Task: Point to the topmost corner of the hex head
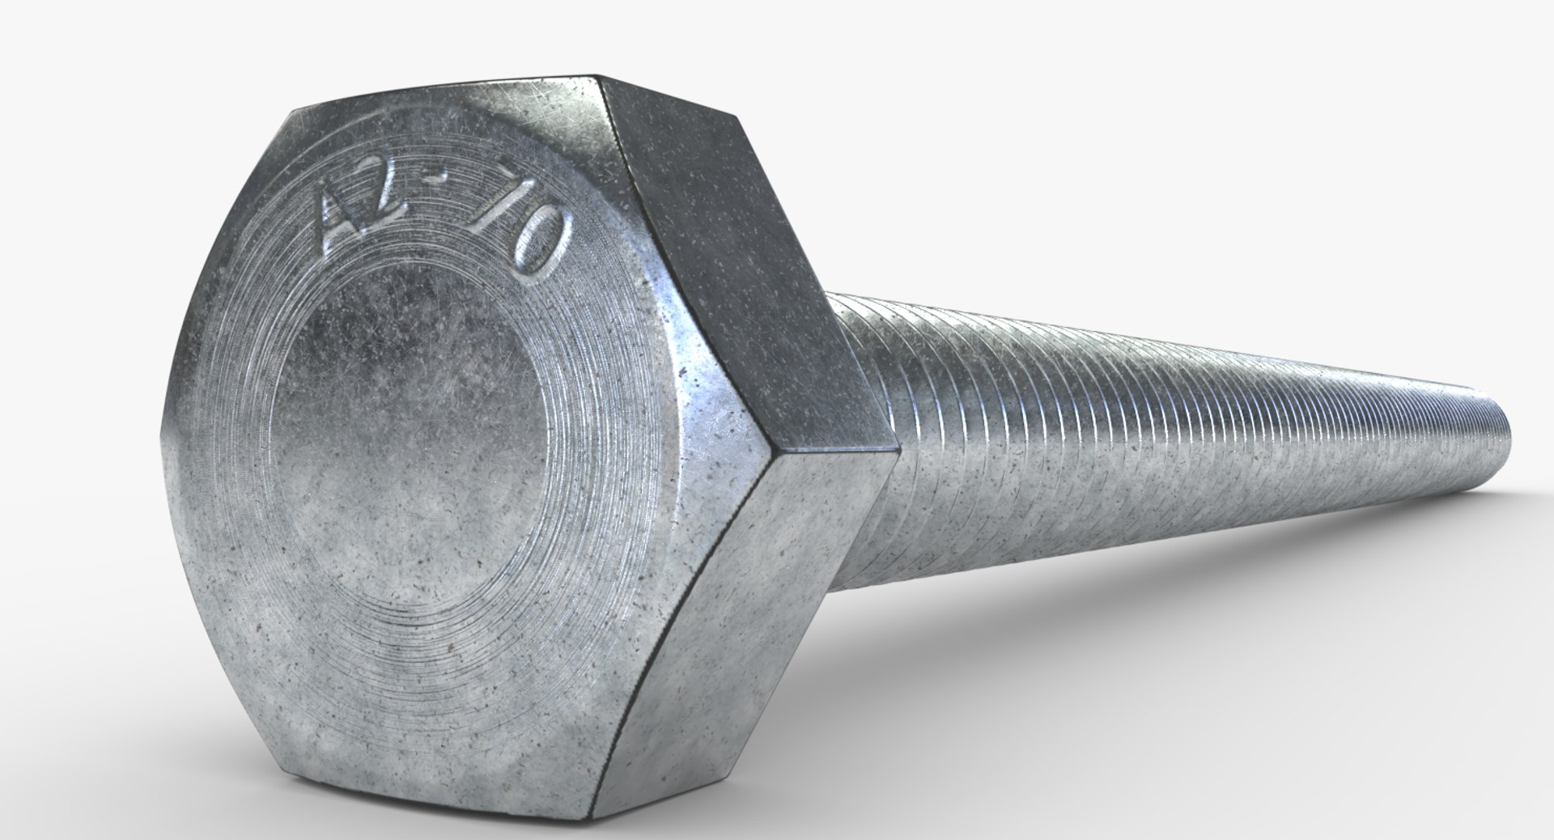pyautogui.click(x=599, y=78)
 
